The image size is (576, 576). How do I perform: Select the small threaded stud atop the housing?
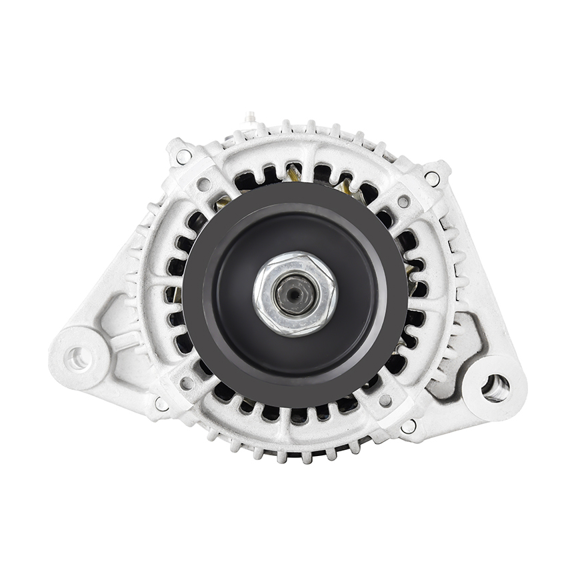coord(251,119)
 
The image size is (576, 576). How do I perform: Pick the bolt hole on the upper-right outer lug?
coord(432,178)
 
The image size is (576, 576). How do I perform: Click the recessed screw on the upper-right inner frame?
coord(403,201)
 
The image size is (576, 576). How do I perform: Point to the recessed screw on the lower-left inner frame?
coord(187,383)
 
